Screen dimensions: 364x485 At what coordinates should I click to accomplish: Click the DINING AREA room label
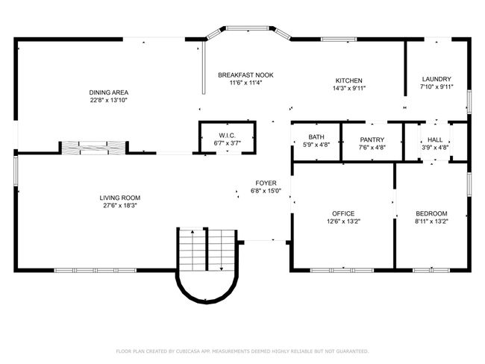pos(104,92)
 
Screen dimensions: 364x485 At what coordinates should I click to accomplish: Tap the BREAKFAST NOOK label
pos(245,75)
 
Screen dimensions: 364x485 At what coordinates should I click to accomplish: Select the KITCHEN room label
pos(348,80)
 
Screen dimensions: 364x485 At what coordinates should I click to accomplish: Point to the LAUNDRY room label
pos(436,79)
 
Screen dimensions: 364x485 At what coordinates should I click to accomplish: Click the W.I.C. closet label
pos(228,135)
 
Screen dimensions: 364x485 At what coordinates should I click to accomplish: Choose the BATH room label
pos(316,137)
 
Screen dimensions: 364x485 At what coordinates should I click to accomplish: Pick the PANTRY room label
pos(371,139)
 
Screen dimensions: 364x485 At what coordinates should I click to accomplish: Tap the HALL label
pos(435,139)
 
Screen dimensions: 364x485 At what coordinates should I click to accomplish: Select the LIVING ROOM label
pos(120,198)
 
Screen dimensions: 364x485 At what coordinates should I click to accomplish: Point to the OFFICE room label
pos(343,213)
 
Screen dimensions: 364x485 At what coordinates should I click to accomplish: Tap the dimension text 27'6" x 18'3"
pos(120,205)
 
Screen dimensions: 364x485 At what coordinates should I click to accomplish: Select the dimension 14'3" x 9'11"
pos(348,87)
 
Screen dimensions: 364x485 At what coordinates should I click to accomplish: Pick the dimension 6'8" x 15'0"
pos(266,190)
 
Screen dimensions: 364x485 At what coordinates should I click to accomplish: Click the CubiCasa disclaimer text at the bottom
pos(242,351)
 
